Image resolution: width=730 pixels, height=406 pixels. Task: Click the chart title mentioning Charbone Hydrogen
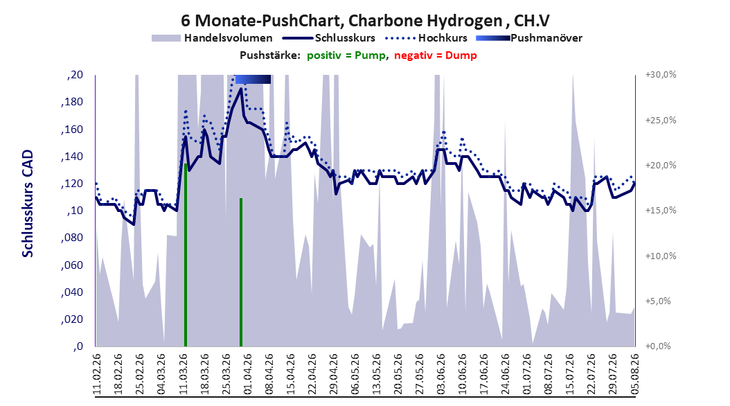[365, 21]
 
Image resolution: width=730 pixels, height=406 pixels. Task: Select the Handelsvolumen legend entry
[212, 38]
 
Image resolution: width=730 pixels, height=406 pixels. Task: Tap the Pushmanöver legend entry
[529, 38]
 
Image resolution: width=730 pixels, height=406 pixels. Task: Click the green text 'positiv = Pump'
[346, 55]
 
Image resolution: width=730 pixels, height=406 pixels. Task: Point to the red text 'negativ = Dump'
[436, 55]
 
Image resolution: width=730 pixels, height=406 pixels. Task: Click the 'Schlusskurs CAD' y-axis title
[28, 204]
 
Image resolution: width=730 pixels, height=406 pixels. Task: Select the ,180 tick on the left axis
[72, 102]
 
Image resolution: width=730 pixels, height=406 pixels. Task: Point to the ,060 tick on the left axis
[72, 265]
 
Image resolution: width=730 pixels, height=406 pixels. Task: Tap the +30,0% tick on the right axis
[661, 75]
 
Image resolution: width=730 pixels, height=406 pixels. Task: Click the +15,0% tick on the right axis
[661, 211]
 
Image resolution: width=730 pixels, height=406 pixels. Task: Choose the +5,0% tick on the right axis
[658, 301]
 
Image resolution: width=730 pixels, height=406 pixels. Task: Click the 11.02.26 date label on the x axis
[97, 374]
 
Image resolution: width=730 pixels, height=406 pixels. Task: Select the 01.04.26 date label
[248, 374]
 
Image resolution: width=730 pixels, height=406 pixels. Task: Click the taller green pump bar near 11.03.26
[186, 255]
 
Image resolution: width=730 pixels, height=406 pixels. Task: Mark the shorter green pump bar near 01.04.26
[241, 272]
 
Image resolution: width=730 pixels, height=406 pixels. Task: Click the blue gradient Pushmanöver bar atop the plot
[253, 79]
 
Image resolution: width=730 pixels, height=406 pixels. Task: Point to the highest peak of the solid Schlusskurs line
[241, 89]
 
